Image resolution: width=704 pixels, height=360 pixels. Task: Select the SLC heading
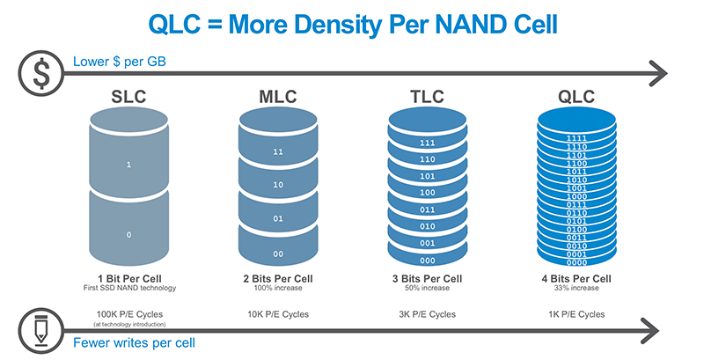click(128, 93)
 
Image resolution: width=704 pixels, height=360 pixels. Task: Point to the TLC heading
click(428, 93)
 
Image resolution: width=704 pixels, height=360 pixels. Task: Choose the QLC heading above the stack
click(577, 93)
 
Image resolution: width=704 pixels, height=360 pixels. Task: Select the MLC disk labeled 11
click(279, 151)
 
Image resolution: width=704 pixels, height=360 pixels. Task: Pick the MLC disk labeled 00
click(279, 253)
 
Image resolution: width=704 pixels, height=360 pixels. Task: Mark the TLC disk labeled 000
click(428, 261)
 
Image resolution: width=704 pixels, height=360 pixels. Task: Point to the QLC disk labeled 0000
click(577, 262)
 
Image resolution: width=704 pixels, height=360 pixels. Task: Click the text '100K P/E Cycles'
click(128, 314)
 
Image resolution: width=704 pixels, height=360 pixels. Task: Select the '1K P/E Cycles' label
click(577, 314)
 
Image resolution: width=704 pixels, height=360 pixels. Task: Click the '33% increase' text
click(577, 289)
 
